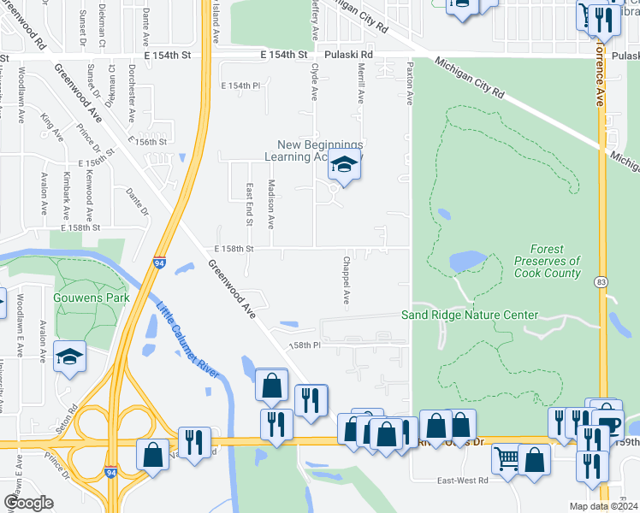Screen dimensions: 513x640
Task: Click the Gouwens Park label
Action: coord(90,298)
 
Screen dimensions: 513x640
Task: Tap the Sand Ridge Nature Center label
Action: coord(470,315)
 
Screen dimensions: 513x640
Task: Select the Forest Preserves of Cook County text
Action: coord(548,261)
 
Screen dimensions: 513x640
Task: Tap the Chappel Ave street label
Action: coord(347,280)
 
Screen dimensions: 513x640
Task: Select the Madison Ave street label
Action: coord(271,203)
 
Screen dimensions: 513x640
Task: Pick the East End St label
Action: coord(250,203)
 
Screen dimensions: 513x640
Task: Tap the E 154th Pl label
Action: coord(240,85)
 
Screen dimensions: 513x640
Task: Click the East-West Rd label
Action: coord(462,481)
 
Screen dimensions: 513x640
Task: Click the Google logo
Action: coord(27,503)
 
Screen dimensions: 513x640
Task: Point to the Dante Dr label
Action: coord(137,203)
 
